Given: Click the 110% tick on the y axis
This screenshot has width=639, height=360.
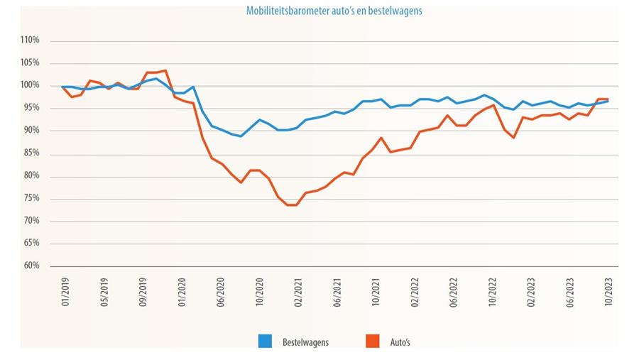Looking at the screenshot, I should point(29,40).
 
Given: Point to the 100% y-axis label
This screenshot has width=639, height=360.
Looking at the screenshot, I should point(29,86).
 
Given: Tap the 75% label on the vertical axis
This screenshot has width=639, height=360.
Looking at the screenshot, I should point(30,198).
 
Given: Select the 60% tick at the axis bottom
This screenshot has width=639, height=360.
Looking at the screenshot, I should point(30,266).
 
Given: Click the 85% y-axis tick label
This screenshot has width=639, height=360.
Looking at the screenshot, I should point(30,153).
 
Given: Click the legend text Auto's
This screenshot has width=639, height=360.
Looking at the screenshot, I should point(400,342).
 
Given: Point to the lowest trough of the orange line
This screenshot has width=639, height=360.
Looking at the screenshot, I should point(291,204).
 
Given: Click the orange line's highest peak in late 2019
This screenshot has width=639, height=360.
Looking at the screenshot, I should point(165,70).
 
